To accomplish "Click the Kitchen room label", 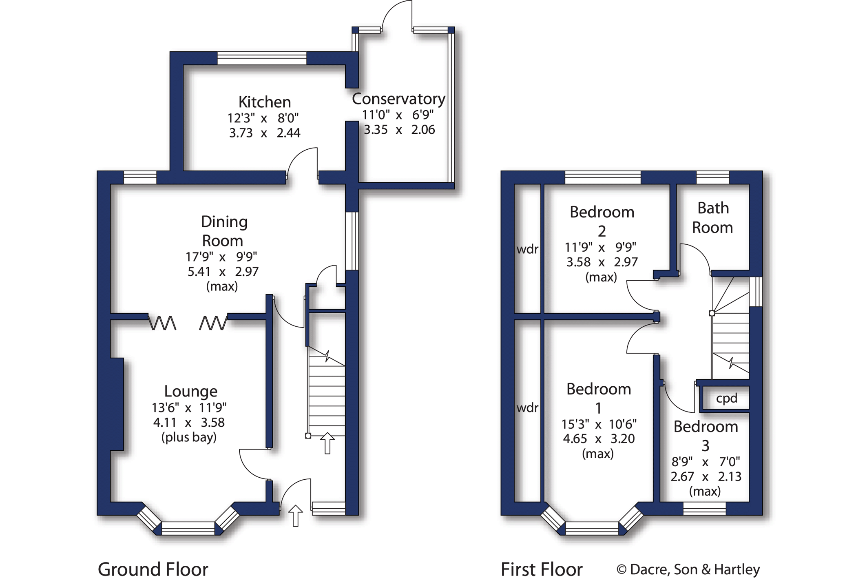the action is [264, 102].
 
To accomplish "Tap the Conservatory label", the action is [398, 99].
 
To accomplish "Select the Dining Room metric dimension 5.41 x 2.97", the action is [223, 272].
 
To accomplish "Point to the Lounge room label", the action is [190, 391].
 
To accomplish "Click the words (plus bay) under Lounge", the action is [189, 437].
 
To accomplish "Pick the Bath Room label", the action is [712, 218].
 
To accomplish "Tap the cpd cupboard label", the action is [726, 398].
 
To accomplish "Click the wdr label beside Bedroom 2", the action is [527, 249].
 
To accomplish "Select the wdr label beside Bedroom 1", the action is [527, 407].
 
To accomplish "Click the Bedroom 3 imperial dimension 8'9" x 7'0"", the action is [706, 462].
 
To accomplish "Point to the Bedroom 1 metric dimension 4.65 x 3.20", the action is [598, 439].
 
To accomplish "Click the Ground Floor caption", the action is [153, 569].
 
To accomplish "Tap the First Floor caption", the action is [541, 569].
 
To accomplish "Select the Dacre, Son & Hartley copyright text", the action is [688, 569].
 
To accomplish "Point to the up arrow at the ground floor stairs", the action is [327, 443].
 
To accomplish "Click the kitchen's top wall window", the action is [262, 58].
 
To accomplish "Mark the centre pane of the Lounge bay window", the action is [188, 528].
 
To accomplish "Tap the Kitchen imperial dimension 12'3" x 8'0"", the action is [263, 118].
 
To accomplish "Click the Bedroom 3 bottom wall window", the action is [704, 508].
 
